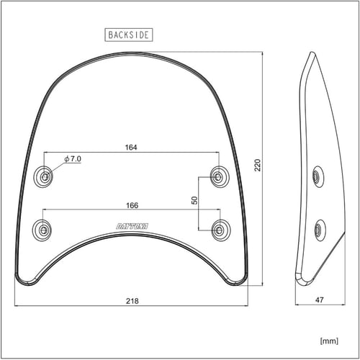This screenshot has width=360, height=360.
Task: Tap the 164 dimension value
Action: coord(130,147)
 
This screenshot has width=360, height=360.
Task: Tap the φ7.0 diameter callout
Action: coord(72,158)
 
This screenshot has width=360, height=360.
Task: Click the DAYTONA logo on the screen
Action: coord(131,226)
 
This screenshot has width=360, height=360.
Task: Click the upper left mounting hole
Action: coord(45,176)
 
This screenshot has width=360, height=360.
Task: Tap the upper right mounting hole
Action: coord(218,176)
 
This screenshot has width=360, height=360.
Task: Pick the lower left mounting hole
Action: coord(43,230)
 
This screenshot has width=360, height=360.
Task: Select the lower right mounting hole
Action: coord(219,230)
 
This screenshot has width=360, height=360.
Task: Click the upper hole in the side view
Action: coord(317,176)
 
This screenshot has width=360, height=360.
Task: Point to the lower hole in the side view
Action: coord(319,230)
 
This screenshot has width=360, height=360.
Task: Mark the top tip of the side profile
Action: coord(311,53)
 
